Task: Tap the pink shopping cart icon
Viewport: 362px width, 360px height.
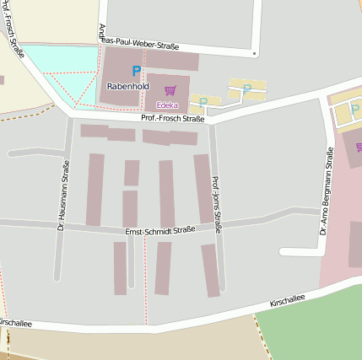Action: (170, 90)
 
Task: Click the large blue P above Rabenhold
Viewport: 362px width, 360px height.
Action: (136, 72)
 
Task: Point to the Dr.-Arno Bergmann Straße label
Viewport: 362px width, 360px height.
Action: (327, 191)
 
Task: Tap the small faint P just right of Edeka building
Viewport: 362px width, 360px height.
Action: (203, 102)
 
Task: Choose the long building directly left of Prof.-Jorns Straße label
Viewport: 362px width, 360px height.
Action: (203, 188)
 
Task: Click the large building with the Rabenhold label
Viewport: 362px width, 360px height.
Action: (123, 76)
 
